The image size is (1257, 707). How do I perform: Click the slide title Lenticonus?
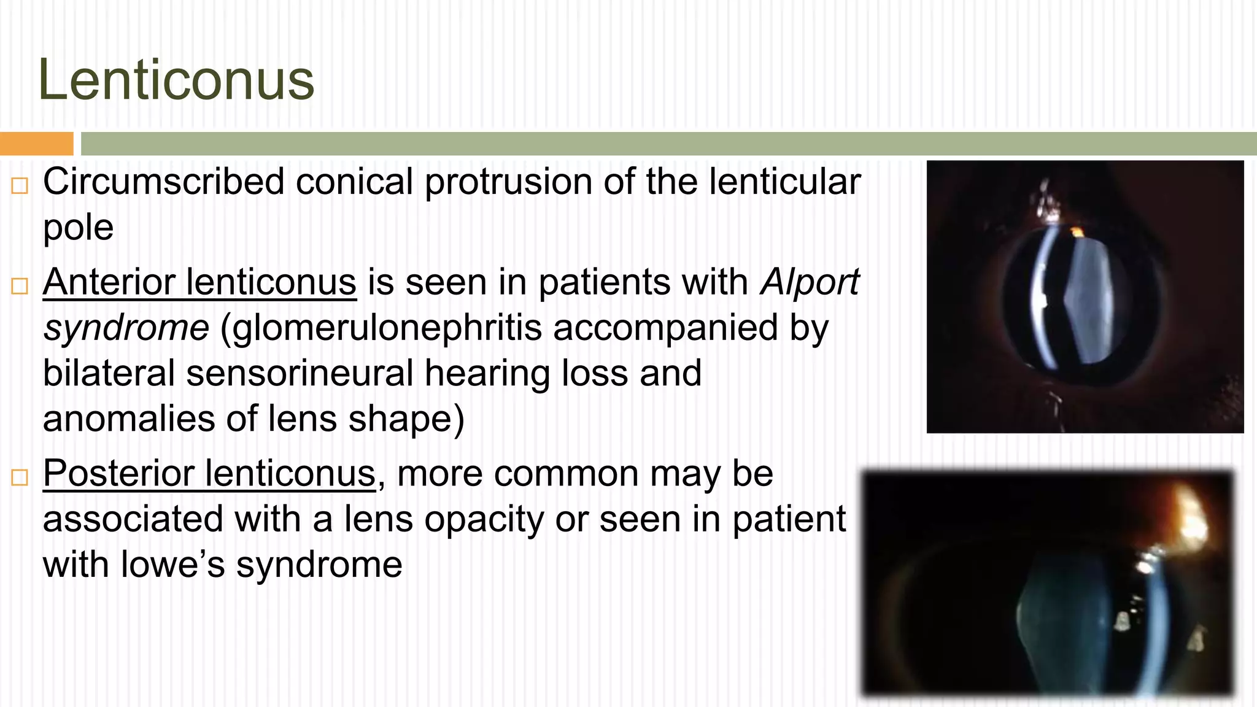[176, 80]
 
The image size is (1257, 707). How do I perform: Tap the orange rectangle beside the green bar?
[36, 144]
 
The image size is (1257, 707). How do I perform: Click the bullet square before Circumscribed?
[20, 185]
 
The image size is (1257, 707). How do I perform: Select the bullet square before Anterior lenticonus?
[20, 285]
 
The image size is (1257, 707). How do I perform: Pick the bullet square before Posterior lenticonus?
[20, 477]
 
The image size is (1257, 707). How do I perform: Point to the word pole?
[78, 228]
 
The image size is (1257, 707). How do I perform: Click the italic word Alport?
[810, 282]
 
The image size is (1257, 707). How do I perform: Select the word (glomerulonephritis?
[381, 328]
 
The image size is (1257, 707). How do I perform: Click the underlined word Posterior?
[119, 474]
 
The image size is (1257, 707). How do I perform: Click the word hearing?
[487, 373]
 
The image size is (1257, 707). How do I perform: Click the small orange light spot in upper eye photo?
[1077, 231]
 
